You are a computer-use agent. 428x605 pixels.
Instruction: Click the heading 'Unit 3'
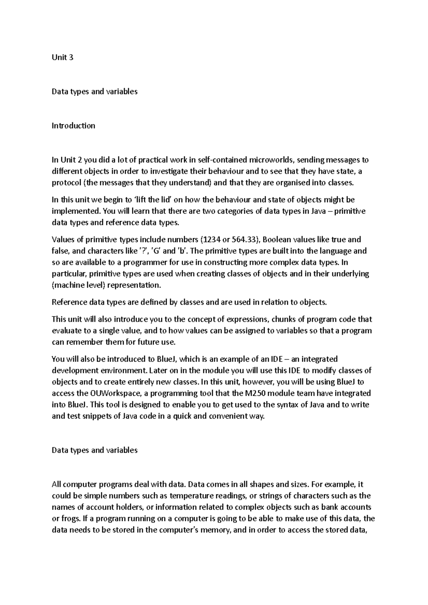click(x=62, y=57)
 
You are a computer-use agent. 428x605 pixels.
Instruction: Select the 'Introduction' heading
click(x=73, y=125)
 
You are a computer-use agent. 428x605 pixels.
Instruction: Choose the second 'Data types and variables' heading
click(x=95, y=450)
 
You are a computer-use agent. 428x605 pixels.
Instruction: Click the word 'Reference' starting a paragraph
click(x=69, y=302)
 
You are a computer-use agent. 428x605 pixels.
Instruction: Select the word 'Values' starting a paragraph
click(x=63, y=239)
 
